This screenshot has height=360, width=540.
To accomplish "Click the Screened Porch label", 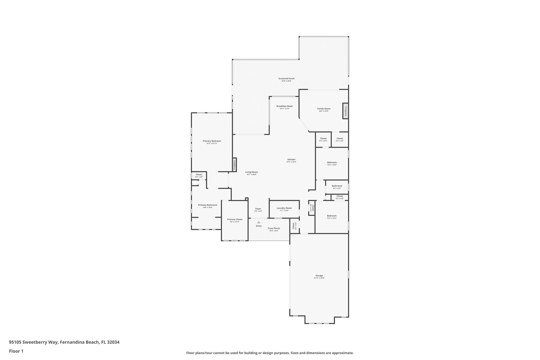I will click(x=286, y=79).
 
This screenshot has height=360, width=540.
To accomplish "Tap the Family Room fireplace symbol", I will click(x=345, y=111).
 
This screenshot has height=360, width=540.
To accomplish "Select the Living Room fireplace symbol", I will click(x=234, y=165).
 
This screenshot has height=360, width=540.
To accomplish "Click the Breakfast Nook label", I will click(x=284, y=106).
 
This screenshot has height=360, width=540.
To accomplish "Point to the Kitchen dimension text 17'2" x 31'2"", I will click(x=291, y=162).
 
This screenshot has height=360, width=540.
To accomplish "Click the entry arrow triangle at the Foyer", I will click(x=259, y=222).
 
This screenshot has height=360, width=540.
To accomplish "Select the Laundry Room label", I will click(x=284, y=208).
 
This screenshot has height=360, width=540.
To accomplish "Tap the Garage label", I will click(x=319, y=276).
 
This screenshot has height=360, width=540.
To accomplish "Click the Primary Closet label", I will click(x=235, y=219).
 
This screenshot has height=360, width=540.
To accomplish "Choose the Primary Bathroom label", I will click(x=208, y=205).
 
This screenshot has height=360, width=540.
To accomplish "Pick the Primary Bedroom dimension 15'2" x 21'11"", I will click(x=212, y=143).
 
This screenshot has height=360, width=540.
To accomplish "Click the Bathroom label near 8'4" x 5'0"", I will click(x=337, y=186).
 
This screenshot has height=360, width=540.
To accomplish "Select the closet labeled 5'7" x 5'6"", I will click(x=323, y=138).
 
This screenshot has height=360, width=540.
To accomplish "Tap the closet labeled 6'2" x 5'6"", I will click(x=340, y=138).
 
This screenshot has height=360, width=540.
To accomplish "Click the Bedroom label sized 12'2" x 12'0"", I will click(x=332, y=162).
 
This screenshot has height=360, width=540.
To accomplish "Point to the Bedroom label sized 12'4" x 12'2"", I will click(x=332, y=216).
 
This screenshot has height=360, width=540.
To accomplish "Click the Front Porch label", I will click(x=274, y=228).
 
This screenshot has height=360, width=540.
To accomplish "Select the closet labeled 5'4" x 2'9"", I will click(x=199, y=175).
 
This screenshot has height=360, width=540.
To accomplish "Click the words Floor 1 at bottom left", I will click(x=16, y=351).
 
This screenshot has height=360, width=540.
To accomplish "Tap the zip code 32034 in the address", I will click(x=113, y=342).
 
